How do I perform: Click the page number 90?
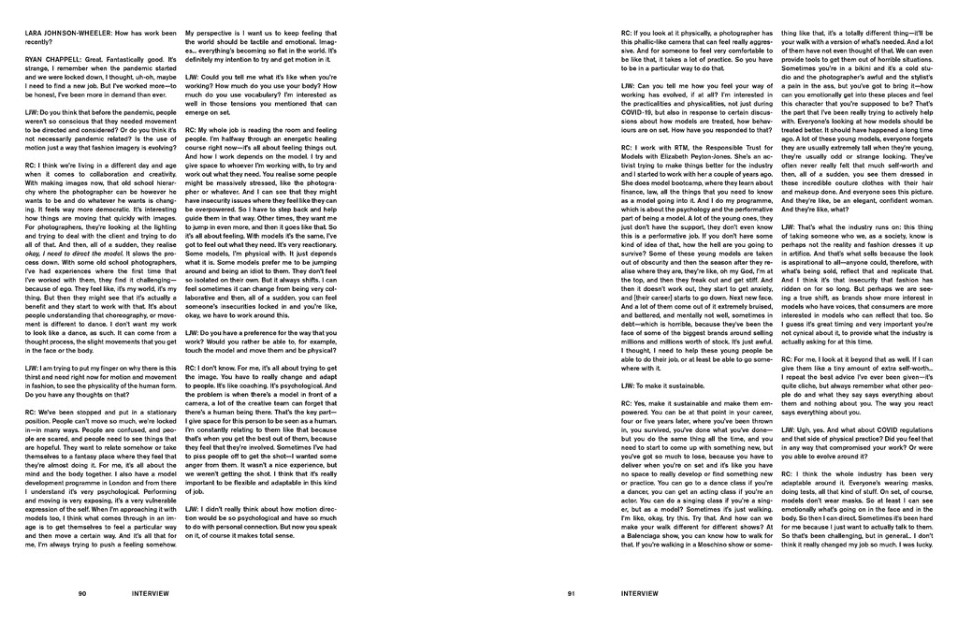tap(82, 593)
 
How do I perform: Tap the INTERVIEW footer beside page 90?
tap(150, 593)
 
